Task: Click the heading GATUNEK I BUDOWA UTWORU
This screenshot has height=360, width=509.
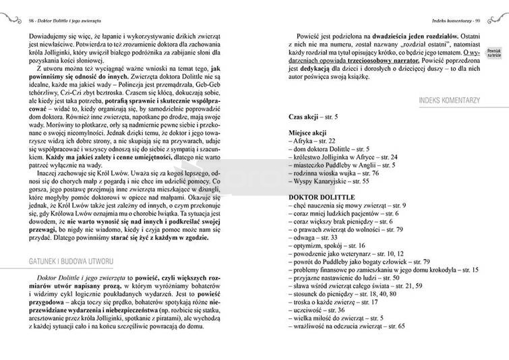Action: click(65, 260)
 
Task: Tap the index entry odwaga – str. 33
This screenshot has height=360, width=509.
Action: click(314, 238)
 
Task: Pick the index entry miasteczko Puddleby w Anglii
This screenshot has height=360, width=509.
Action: click(341, 164)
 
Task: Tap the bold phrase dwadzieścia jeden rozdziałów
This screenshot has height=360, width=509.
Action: click(405, 33)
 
